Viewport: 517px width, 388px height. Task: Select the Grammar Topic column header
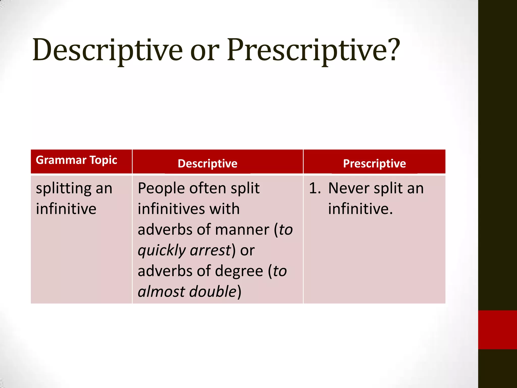click(x=76, y=160)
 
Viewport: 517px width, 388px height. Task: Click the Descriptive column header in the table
click(x=208, y=163)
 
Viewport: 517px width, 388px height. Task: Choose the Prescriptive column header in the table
click(x=374, y=163)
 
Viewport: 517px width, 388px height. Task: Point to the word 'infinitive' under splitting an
click(x=66, y=209)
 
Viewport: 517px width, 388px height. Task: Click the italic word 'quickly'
click(x=162, y=251)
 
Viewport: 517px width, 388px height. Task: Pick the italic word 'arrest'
click(x=210, y=251)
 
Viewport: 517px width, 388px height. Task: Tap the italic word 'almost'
click(x=162, y=292)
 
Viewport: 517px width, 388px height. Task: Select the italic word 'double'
click(x=213, y=292)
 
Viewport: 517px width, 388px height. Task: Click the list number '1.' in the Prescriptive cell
click(x=315, y=188)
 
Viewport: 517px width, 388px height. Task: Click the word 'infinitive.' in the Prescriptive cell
click(x=360, y=209)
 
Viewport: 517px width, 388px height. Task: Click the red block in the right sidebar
click(x=497, y=330)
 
